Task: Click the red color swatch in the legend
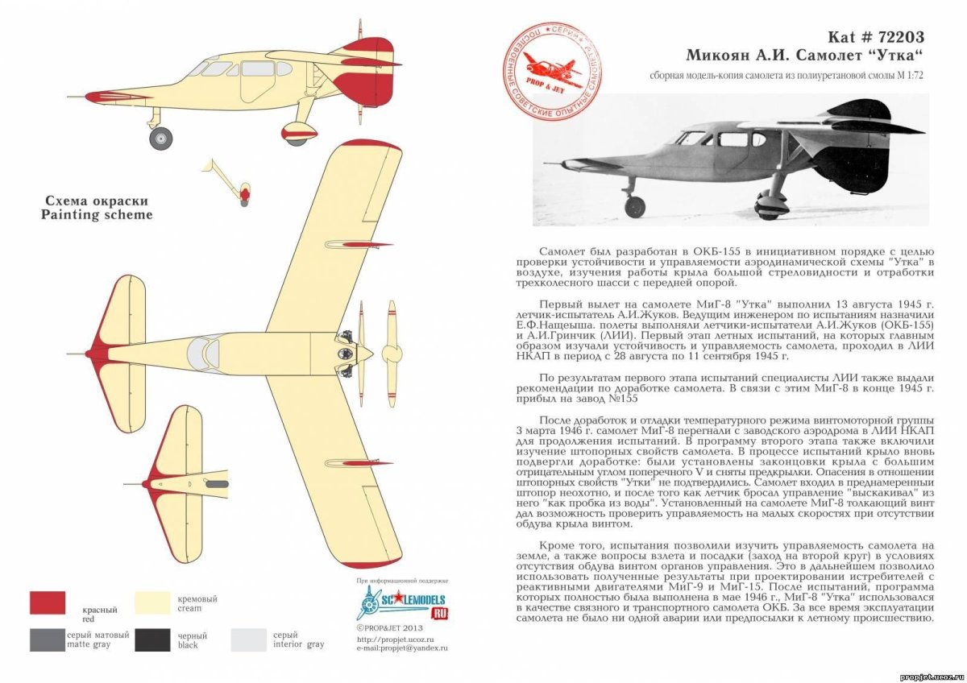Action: click(x=48, y=602)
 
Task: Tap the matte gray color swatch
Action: click(x=48, y=640)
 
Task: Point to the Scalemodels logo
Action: click(x=401, y=603)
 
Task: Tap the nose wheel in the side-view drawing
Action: click(x=160, y=138)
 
